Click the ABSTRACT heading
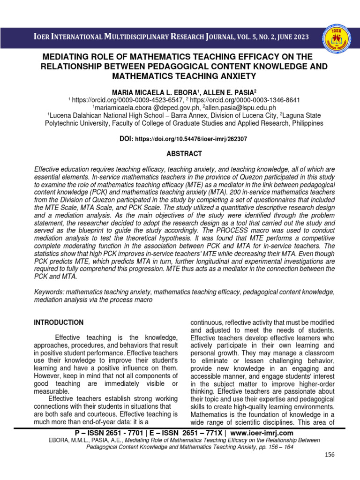point(185,154)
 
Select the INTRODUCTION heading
point(59,322)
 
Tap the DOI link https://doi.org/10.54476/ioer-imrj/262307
point(191,139)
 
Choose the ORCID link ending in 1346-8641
point(246,100)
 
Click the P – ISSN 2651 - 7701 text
point(102,433)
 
